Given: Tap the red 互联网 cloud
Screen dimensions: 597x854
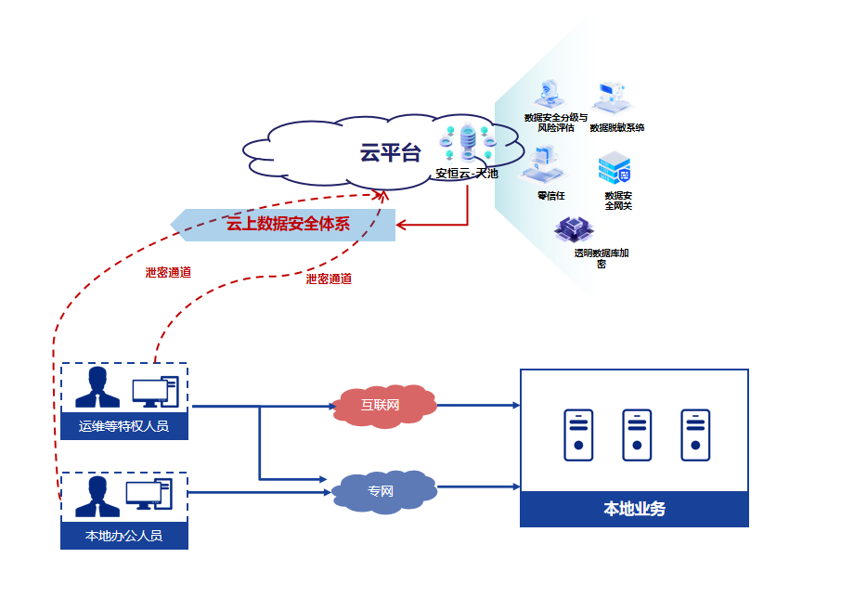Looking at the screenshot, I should pyautogui.click(x=382, y=405).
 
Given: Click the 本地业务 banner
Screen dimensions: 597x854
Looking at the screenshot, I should pyautogui.click(x=634, y=509).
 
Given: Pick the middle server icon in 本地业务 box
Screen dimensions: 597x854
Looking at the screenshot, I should pyautogui.click(x=637, y=435).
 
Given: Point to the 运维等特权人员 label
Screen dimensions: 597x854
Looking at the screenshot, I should pyautogui.click(x=124, y=426).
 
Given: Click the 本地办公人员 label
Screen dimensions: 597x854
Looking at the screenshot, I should pyautogui.click(x=124, y=536).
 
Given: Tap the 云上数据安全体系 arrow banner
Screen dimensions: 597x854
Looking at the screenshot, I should pyautogui.click(x=288, y=224).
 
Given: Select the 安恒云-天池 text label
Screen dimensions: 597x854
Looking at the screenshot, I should pyautogui.click(x=467, y=173).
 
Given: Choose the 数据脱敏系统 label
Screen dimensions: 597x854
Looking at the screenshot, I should pyautogui.click(x=616, y=127).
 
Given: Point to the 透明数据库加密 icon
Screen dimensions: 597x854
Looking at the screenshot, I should pyautogui.click(x=573, y=229).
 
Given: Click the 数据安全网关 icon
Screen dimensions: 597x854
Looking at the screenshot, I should pyautogui.click(x=615, y=168).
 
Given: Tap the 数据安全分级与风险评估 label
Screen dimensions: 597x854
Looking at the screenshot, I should pyautogui.click(x=555, y=123).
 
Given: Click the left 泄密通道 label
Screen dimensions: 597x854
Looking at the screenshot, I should pyautogui.click(x=168, y=273).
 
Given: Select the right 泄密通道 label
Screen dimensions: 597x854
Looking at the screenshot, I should pyautogui.click(x=329, y=279).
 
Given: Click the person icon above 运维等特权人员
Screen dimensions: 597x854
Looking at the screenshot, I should pyautogui.click(x=97, y=387).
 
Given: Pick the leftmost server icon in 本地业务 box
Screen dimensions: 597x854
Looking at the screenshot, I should pyautogui.click(x=578, y=435).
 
